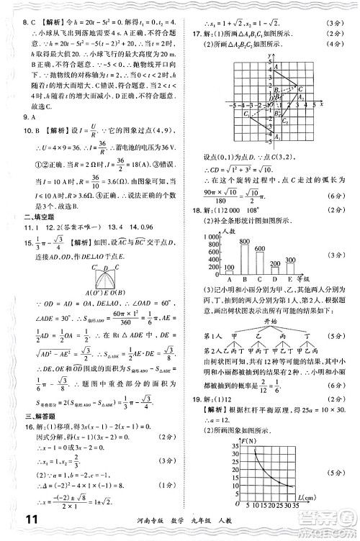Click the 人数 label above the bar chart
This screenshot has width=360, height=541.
[x=228, y=231]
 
